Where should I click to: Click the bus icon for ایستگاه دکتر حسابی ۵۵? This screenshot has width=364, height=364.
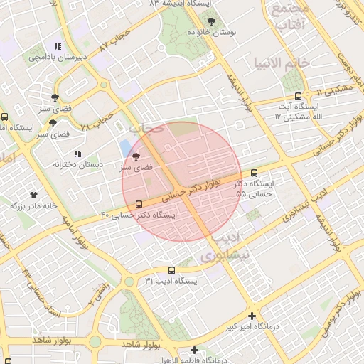pyautogui.click(x=255, y=173)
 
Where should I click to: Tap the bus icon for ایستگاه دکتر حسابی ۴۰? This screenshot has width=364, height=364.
pyautogui.click(x=138, y=204)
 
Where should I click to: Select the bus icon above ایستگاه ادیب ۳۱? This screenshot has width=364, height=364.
pyautogui.click(x=171, y=270)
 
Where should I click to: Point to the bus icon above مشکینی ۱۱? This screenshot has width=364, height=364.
pyautogui.click(x=298, y=96)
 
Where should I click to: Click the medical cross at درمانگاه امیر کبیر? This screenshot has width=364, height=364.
pyautogui.click(x=252, y=316)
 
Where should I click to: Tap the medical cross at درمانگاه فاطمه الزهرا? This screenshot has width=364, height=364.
pyautogui.click(x=194, y=350)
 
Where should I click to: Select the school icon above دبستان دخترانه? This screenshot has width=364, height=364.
pyautogui.click(x=77, y=153)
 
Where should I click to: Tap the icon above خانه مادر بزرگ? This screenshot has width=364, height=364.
pyautogui.click(x=33, y=194)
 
